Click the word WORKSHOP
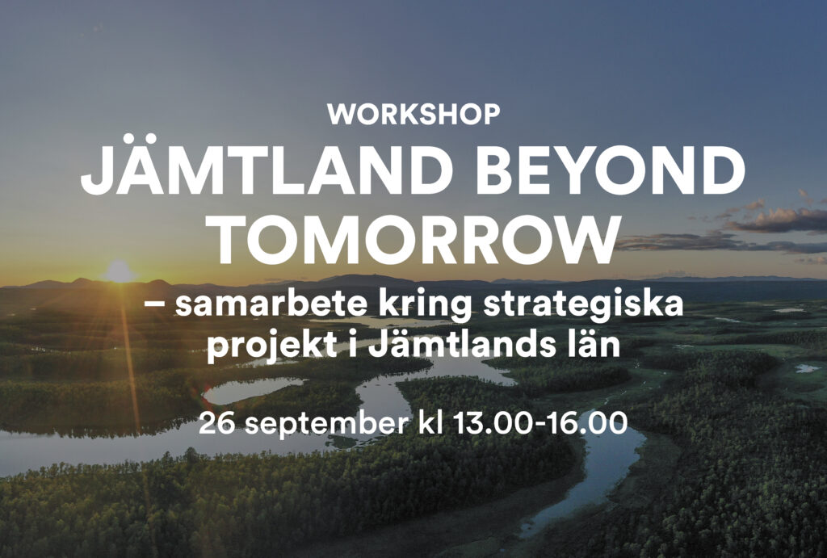tap(413, 115)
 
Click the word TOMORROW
tap(413, 239)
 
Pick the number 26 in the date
tap(216, 423)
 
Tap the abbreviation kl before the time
tap(431, 422)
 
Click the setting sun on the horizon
tap(119, 271)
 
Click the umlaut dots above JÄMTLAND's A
tap(140, 138)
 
